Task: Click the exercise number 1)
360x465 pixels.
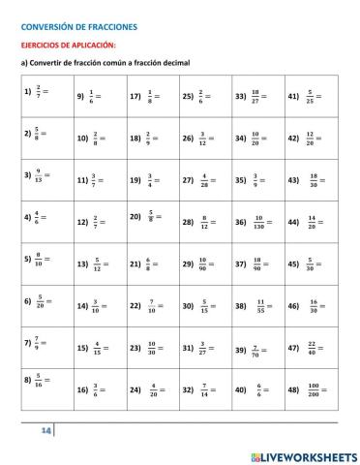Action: tap(27, 91)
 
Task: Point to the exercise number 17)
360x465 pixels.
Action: tap(135, 96)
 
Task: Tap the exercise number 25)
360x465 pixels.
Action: tap(188, 96)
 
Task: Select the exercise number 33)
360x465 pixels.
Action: tap(240, 96)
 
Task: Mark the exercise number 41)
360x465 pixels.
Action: tap(293, 96)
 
